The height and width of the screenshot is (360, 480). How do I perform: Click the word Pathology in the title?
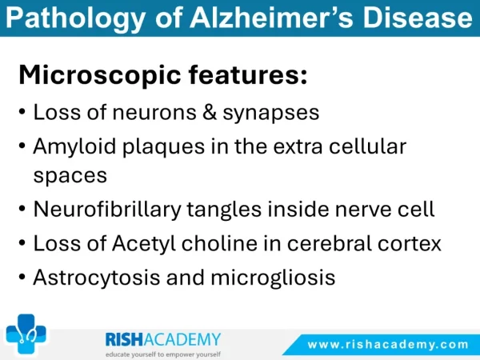(75, 18)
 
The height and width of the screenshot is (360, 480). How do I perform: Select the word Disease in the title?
(418, 17)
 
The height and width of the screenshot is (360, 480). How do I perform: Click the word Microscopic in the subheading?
(100, 75)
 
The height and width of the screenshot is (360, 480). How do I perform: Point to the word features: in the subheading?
(248, 74)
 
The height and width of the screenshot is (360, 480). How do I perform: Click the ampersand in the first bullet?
(210, 112)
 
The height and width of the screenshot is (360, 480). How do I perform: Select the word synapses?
(271, 114)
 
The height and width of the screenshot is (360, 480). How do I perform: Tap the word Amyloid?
(74, 147)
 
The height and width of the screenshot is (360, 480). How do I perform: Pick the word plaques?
(163, 147)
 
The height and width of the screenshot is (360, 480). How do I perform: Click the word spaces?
(70, 177)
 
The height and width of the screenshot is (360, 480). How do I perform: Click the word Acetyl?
(144, 244)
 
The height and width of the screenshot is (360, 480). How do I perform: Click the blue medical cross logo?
(26, 334)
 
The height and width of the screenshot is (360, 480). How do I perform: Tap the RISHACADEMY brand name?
(163, 339)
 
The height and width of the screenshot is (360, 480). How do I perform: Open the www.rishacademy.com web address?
(388, 345)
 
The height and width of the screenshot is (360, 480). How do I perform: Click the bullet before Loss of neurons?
(22, 111)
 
